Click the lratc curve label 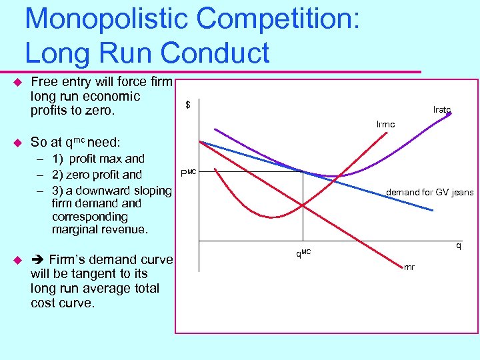[442, 109]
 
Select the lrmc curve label [385, 125]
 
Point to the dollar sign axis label [188, 105]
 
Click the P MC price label [187, 174]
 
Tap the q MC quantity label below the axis [303, 253]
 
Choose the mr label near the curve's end [409, 267]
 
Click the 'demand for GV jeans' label [430, 193]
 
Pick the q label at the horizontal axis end [458, 245]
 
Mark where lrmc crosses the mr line [303, 205]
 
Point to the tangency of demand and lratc [303, 171]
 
